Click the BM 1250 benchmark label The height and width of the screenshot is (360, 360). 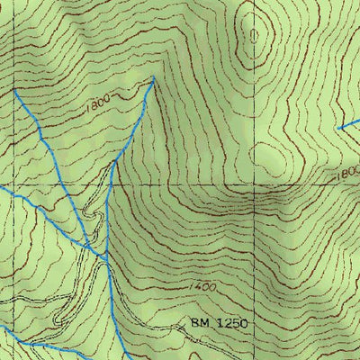pos(218,321)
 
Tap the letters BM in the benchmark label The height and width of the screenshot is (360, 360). pos(199,321)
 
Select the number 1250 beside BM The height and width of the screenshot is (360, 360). pos(229,321)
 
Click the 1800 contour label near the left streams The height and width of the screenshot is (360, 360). pos(102,106)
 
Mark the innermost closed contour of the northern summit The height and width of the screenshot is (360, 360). pos(256,37)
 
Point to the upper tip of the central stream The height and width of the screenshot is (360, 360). pos(153,78)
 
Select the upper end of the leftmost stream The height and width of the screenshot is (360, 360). pos(14,90)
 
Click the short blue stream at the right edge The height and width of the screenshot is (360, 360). pos(348,124)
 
